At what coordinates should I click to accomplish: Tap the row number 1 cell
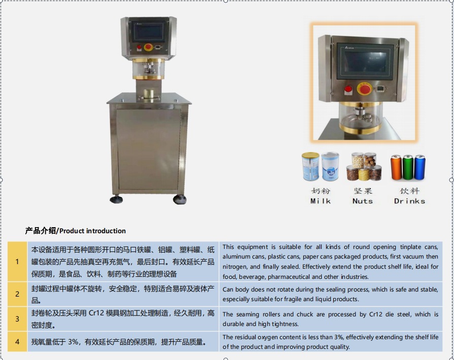point(17,262)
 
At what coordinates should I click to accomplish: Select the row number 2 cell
point(17,294)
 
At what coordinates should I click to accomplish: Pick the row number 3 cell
point(17,319)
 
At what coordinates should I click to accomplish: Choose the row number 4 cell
point(17,342)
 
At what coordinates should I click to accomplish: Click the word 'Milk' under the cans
point(320,201)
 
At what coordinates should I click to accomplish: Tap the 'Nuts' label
point(362,201)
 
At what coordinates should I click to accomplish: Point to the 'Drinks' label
point(409,201)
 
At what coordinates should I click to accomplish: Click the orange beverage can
point(396,168)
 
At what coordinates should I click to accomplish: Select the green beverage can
point(408,168)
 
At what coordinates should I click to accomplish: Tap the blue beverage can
point(420,168)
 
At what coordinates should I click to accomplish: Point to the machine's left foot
point(116,199)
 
